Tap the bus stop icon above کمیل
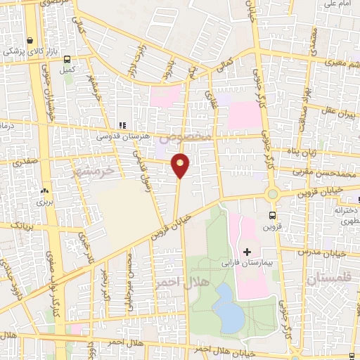pyautogui.click(x=67, y=60)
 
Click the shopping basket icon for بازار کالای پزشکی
pyautogui.click(x=30, y=41)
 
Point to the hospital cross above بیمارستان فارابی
pyautogui.click(x=247, y=251)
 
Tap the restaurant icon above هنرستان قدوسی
pyautogui.click(x=122, y=125)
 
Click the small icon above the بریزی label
pyautogui.click(x=46, y=190)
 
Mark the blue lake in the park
pyautogui.click(x=229, y=307)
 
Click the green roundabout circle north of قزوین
pyautogui.click(x=272, y=194)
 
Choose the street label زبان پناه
pyautogui.click(x=304, y=150)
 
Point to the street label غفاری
pyautogui.click(x=209, y=94)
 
